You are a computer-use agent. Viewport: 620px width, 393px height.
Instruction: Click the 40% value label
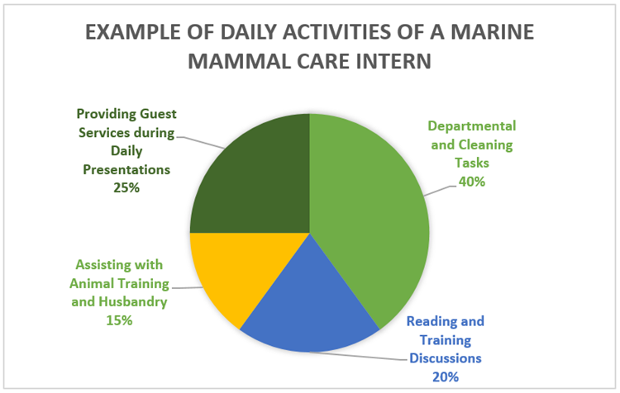(471, 182)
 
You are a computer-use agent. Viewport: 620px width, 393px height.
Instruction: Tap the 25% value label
(123, 188)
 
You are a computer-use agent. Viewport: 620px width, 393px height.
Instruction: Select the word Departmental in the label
(471, 125)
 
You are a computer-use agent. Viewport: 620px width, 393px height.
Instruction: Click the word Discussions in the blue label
(446, 358)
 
